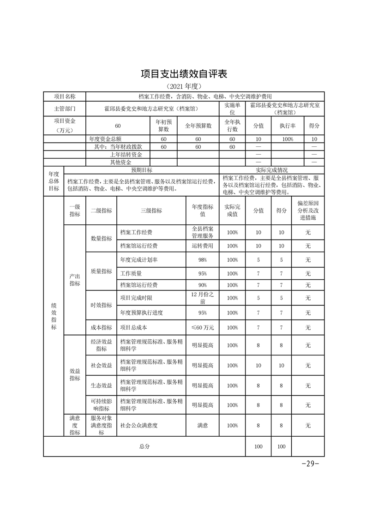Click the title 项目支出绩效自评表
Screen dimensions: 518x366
(184, 73)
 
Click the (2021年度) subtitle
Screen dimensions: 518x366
(184, 86)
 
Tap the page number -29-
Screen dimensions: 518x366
(310, 464)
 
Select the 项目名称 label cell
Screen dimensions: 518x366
(65, 96)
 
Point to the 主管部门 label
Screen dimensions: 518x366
(65, 108)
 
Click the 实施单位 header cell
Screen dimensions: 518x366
(232, 108)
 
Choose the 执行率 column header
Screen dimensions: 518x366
(287, 125)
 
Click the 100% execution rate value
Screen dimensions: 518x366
(287, 139)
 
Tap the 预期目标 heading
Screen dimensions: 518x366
(141, 170)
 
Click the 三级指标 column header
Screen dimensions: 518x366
(151, 210)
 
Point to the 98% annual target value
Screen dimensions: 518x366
(202, 260)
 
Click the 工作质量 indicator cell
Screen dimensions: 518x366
(131, 273)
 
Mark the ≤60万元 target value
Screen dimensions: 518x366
(202, 327)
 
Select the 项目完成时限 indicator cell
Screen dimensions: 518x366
(138, 298)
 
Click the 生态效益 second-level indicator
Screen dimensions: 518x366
(101, 385)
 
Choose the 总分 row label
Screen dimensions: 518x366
(144, 446)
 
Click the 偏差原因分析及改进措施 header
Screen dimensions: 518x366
(308, 210)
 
